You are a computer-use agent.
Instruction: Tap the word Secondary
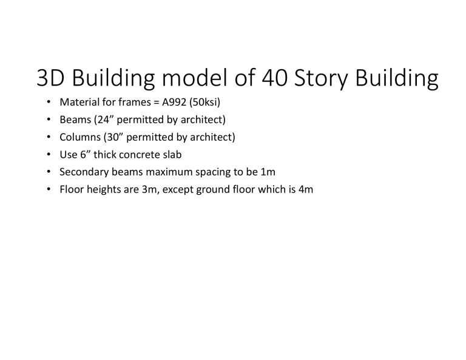[82, 172]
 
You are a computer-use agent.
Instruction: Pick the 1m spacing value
[268, 172]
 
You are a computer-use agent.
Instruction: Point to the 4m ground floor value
[304, 189]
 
